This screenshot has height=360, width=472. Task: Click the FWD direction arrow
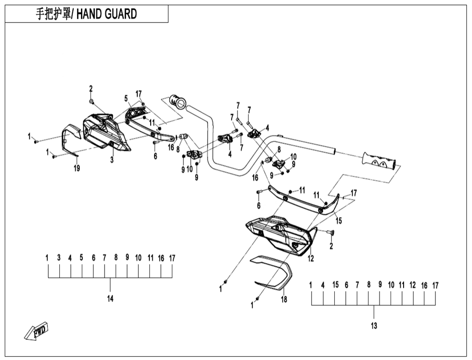(37, 332)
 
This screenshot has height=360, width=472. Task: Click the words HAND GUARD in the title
(106, 14)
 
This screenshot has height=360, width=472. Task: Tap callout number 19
(77, 168)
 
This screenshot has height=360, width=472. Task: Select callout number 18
(284, 300)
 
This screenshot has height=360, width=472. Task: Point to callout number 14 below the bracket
(110, 299)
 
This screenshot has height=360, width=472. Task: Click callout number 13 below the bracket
(374, 326)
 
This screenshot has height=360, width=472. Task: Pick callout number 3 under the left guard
(112, 160)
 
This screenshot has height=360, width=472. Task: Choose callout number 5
(126, 99)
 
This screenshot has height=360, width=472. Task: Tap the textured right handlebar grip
(381, 160)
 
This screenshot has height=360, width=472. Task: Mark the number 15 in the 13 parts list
(335, 285)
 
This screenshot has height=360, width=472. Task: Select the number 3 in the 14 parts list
(59, 258)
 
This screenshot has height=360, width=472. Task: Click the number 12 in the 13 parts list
(412, 285)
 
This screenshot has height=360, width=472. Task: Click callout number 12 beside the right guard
(311, 259)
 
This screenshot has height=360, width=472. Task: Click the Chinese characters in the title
(53, 14)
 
